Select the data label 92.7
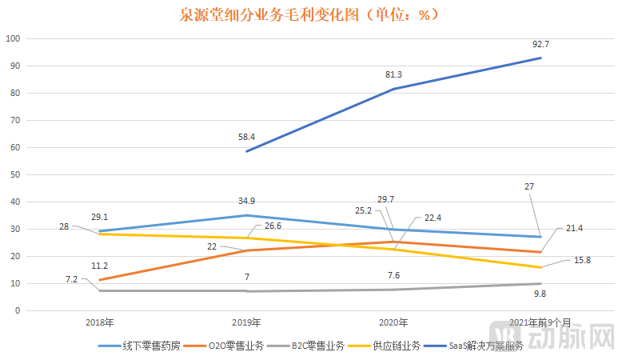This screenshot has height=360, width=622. coord(541,44)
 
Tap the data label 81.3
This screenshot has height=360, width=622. coord(393,74)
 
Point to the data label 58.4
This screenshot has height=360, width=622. coord(246,138)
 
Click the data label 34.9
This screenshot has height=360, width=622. coord(246,200)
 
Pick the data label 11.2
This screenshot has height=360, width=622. coord(100,265)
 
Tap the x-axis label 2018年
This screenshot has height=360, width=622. coord(100,322)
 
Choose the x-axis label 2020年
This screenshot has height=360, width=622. coord(393,322)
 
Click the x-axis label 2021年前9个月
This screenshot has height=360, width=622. coord(540,322)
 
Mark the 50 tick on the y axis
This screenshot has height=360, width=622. coord(16,174)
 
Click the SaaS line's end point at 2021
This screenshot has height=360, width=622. coord(541,58)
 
